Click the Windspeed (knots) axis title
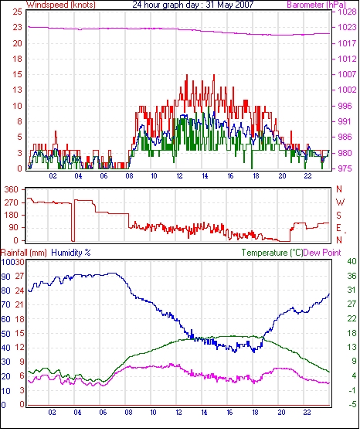pyautogui.click(x=61, y=5)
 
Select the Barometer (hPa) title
pyautogui.click(x=317, y=5)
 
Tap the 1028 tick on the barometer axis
pyautogui.click(x=347, y=12)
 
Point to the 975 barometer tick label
pyautogui.click(x=345, y=168)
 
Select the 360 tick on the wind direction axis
pyautogui.click(x=12, y=190)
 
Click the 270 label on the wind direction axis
pyautogui.click(x=12, y=202)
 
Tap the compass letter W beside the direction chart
pyautogui.click(x=340, y=202)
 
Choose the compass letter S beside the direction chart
pyautogui.click(x=338, y=216)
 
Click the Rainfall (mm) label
pyautogui.click(x=24, y=253)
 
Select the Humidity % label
pyautogui.click(x=71, y=253)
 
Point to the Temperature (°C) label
pyautogui.click(x=272, y=253)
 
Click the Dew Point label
pyautogui.click(x=322, y=253)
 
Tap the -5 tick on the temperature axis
pyautogui.click(x=352, y=405)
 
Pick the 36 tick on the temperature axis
pyautogui.click(x=352, y=276)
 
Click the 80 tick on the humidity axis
pyautogui.click(x=5, y=291)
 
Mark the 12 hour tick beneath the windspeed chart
pyautogui.click(x=179, y=176)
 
